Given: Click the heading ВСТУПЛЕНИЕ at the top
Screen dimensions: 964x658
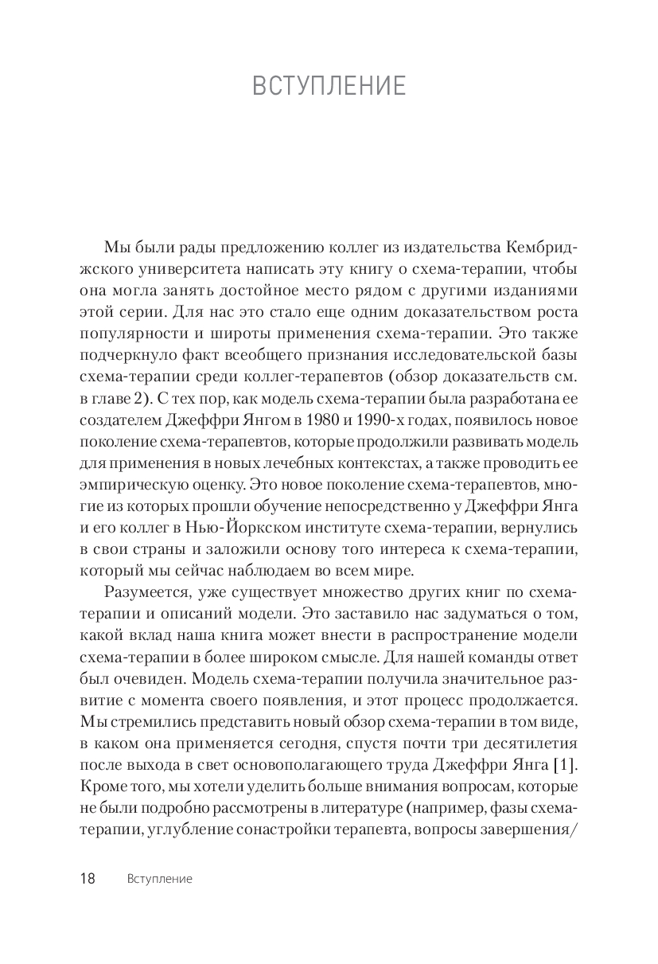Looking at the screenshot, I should tap(329, 86).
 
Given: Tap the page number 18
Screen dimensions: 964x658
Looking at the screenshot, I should tap(88, 879).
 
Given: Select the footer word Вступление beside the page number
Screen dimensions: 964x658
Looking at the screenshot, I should tap(160, 880).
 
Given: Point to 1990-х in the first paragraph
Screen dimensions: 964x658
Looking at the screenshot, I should tap(387, 420).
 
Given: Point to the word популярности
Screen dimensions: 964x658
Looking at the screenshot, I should tap(133, 334).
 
